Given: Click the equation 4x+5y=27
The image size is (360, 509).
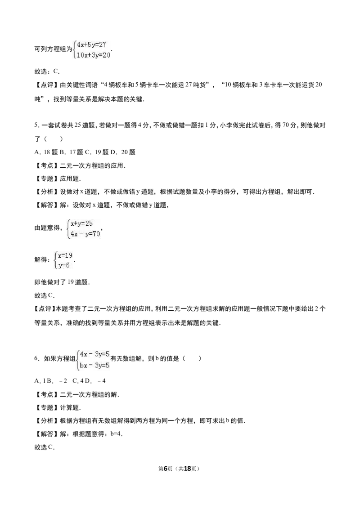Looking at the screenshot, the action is [92, 45].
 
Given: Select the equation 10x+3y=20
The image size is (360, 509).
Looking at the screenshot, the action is [94, 55].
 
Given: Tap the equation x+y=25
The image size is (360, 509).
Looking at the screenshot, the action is [81, 223].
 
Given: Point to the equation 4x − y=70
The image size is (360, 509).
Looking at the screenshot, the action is [85, 234].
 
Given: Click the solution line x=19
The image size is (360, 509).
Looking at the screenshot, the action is [65, 255].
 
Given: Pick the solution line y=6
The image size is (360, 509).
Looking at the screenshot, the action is [64, 265].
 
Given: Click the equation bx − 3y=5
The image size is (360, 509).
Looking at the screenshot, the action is [94, 365].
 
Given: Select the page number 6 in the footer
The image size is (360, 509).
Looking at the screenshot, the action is [166, 469].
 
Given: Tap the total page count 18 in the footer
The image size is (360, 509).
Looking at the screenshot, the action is [188, 469].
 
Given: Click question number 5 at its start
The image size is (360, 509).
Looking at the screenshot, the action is [36, 125].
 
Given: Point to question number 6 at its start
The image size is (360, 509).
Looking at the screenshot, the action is [36, 358].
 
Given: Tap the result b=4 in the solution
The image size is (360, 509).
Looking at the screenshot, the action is [116, 434].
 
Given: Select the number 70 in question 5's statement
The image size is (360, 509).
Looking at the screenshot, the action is [286, 125].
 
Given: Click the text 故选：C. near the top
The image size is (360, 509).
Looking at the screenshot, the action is [47, 71].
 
